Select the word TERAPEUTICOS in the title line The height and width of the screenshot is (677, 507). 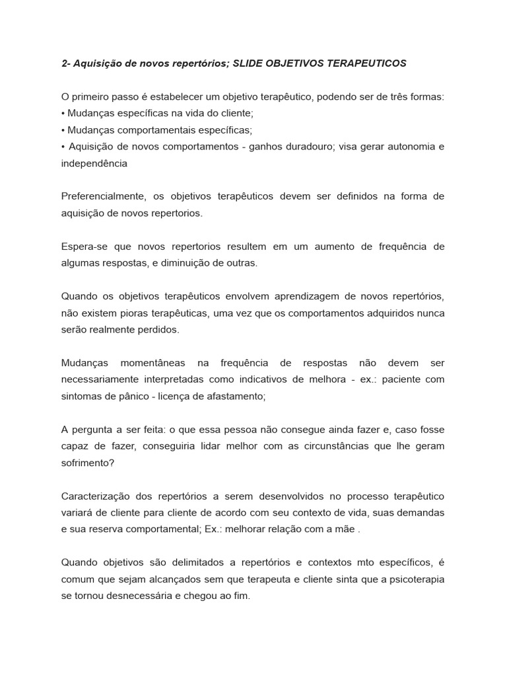[x=368, y=63]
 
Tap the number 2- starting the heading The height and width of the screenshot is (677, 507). [x=66, y=63]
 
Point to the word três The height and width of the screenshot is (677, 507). [x=402, y=97]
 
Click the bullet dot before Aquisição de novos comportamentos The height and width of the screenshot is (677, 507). [x=63, y=146]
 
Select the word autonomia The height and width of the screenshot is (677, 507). [x=404, y=146]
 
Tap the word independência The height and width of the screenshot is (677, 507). [x=94, y=163]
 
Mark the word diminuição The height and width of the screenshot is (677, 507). [x=199, y=262]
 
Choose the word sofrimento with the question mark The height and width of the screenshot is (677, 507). [x=87, y=462]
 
